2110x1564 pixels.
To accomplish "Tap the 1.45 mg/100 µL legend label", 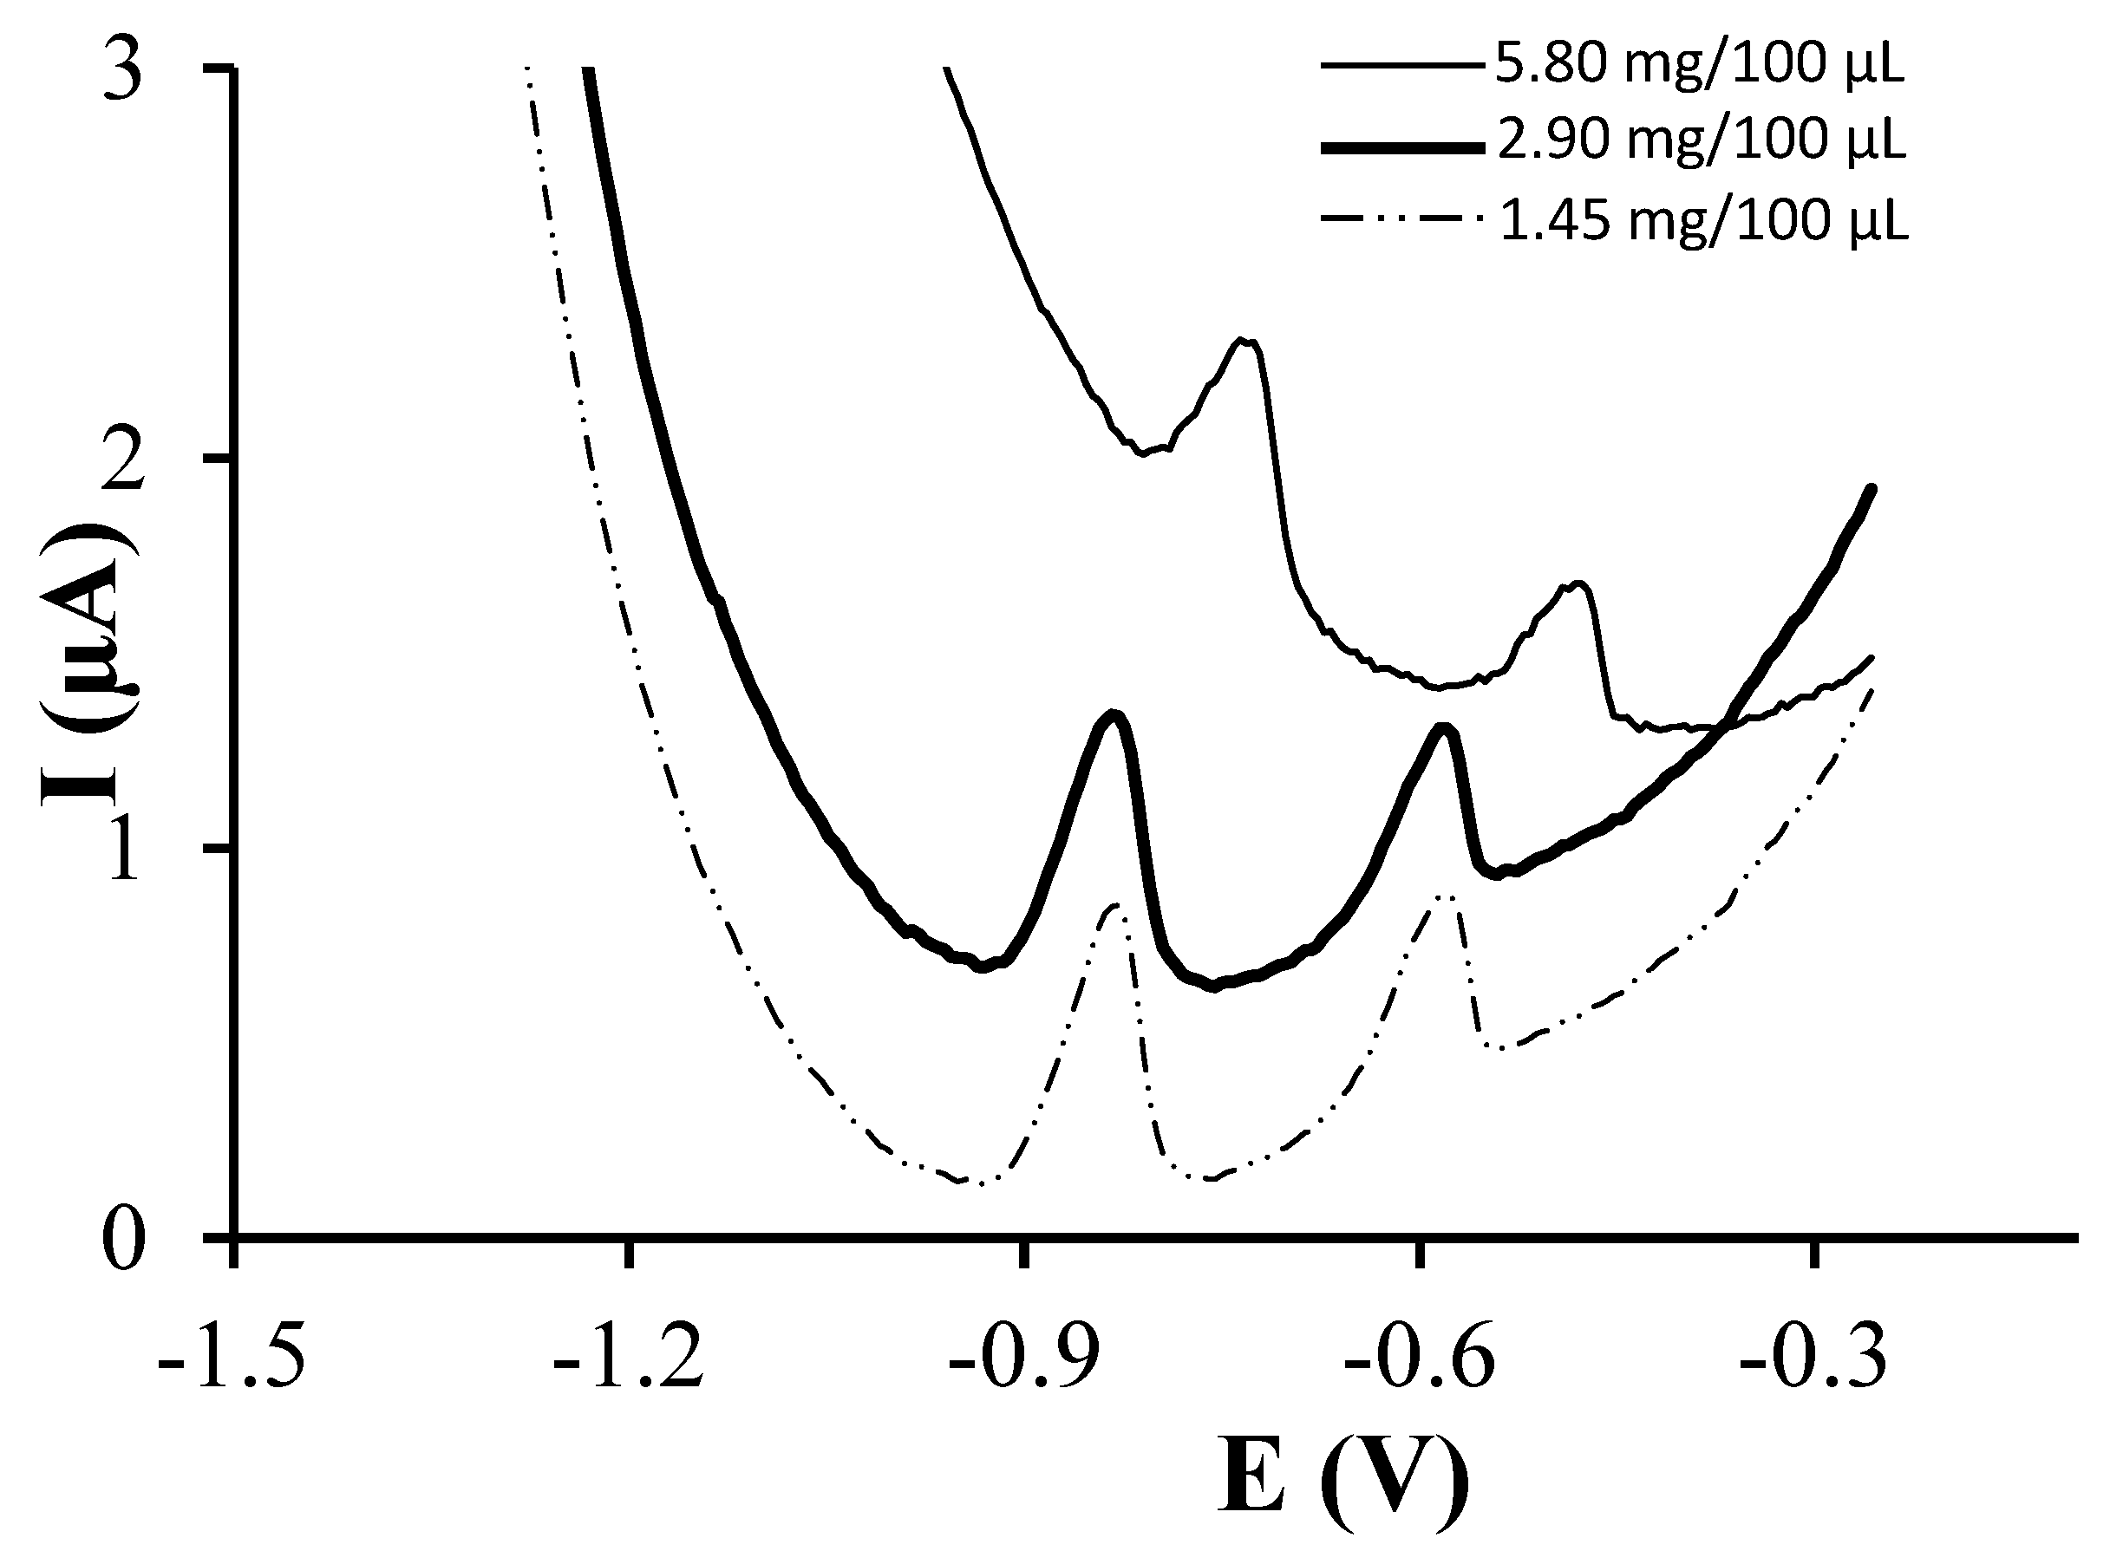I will [x=1702, y=219].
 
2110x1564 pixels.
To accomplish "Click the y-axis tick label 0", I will [x=123, y=1243].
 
